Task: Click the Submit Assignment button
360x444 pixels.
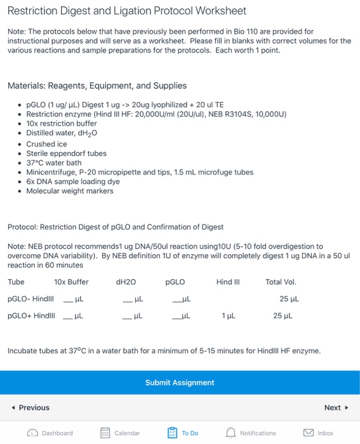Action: pyautogui.click(x=180, y=382)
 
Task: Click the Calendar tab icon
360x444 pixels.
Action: pyautogui.click(x=106, y=433)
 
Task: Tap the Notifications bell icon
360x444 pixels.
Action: pyautogui.click(x=232, y=433)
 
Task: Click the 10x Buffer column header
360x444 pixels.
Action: pyautogui.click(x=71, y=282)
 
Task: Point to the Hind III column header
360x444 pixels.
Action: pyautogui.click(x=227, y=282)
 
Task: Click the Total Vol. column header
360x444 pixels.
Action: pyautogui.click(x=281, y=282)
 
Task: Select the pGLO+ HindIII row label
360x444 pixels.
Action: pyautogui.click(x=31, y=315)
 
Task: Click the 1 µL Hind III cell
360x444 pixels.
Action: pyautogui.click(x=228, y=315)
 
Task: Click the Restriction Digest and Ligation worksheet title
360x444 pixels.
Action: pyautogui.click(x=126, y=11)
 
